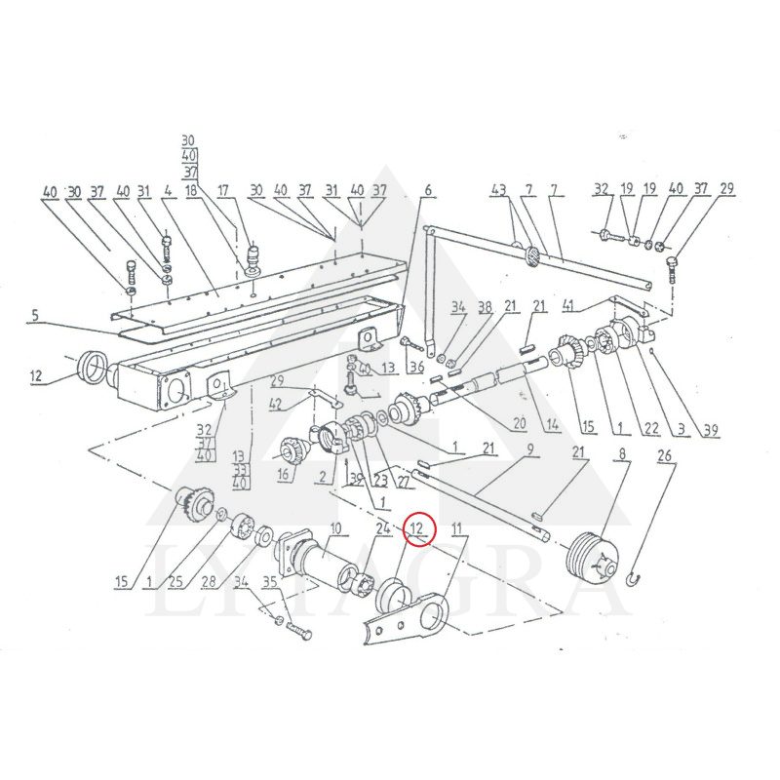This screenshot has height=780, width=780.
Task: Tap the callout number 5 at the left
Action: coord(35,315)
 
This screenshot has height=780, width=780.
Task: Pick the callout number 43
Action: coord(499,189)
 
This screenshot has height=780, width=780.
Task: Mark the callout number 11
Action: coord(455,528)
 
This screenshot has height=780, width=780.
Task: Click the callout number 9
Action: coord(531,449)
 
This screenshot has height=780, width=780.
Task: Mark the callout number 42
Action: coord(276,404)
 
